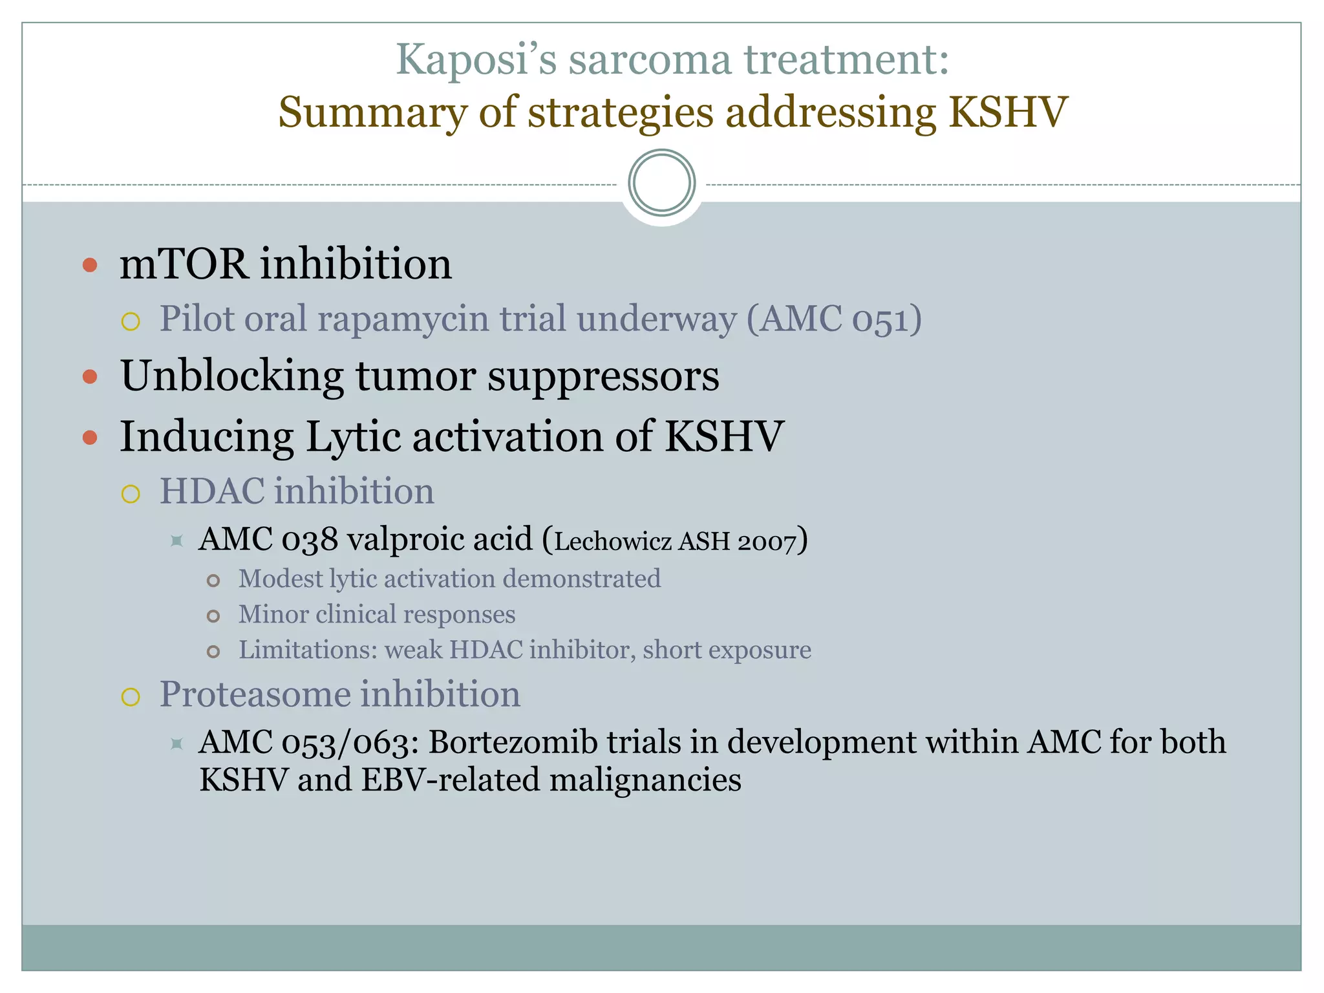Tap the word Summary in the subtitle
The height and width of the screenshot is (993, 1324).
(372, 112)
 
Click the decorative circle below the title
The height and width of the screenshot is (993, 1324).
(661, 183)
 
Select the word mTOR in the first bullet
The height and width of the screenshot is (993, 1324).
(184, 264)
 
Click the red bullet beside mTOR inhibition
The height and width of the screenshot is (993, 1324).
(91, 264)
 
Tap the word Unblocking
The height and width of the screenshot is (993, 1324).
(232, 376)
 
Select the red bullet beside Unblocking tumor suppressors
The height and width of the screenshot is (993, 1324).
(91, 377)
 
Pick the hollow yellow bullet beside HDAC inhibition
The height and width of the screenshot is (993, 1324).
(131, 495)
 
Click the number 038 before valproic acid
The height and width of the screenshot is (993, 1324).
(309, 540)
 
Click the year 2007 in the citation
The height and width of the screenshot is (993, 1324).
(766, 542)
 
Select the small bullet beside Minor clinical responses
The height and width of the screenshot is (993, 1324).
(213, 616)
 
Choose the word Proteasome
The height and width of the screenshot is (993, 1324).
(255, 694)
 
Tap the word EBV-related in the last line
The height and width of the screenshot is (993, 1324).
(449, 780)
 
